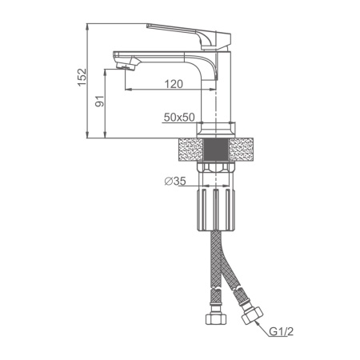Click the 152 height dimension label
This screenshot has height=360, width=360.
click(x=82, y=78)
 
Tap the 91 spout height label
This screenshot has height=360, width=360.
click(x=100, y=101)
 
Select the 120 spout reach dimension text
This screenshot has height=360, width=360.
click(x=174, y=84)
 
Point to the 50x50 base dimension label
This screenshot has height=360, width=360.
click(x=179, y=117)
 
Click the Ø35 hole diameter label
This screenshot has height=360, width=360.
click(x=175, y=182)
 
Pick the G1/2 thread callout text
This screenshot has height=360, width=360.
click(x=281, y=331)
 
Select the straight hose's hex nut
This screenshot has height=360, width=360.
click(x=216, y=318)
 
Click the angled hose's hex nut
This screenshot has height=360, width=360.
click(x=252, y=315)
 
